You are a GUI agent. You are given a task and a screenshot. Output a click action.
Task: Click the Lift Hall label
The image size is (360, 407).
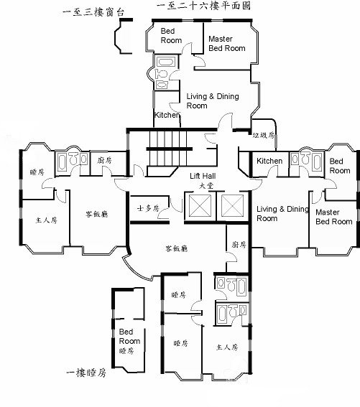(203, 176)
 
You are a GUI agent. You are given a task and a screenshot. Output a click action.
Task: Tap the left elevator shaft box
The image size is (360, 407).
(200, 205)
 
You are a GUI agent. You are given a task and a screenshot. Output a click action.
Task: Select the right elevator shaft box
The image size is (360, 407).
(232, 205)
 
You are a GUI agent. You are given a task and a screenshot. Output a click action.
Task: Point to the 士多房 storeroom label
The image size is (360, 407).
(148, 208)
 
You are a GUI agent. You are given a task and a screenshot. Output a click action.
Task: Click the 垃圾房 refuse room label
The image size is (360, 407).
(264, 135)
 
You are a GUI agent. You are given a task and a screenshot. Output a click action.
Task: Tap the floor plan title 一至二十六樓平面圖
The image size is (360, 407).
(204, 6)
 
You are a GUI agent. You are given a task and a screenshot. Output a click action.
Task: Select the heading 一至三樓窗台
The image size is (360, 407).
(93, 12)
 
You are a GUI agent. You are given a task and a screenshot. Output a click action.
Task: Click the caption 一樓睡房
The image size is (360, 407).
(86, 373)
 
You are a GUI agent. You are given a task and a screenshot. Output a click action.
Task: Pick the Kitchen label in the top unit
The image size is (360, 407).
(167, 115)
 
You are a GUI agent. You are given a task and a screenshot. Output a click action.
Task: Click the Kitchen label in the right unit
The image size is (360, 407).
(269, 161)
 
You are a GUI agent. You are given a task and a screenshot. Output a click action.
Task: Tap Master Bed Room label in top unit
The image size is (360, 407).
(227, 44)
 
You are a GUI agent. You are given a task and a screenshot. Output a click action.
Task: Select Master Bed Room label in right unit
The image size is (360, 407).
(334, 217)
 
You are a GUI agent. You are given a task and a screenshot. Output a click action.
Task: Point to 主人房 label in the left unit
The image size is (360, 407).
(46, 220)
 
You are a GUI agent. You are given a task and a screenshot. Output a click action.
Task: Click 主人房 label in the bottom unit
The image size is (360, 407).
(227, 347)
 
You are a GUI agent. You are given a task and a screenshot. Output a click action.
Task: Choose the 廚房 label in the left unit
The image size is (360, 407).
(104, 160)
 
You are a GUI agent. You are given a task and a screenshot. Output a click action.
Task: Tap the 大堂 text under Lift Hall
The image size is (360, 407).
(206, 186)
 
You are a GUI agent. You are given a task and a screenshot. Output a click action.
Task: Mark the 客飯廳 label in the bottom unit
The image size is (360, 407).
(177, 248)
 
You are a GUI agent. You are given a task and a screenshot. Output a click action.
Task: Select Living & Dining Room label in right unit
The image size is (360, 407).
(282, 214)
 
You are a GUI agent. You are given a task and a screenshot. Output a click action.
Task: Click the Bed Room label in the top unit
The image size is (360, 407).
(171, 36)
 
